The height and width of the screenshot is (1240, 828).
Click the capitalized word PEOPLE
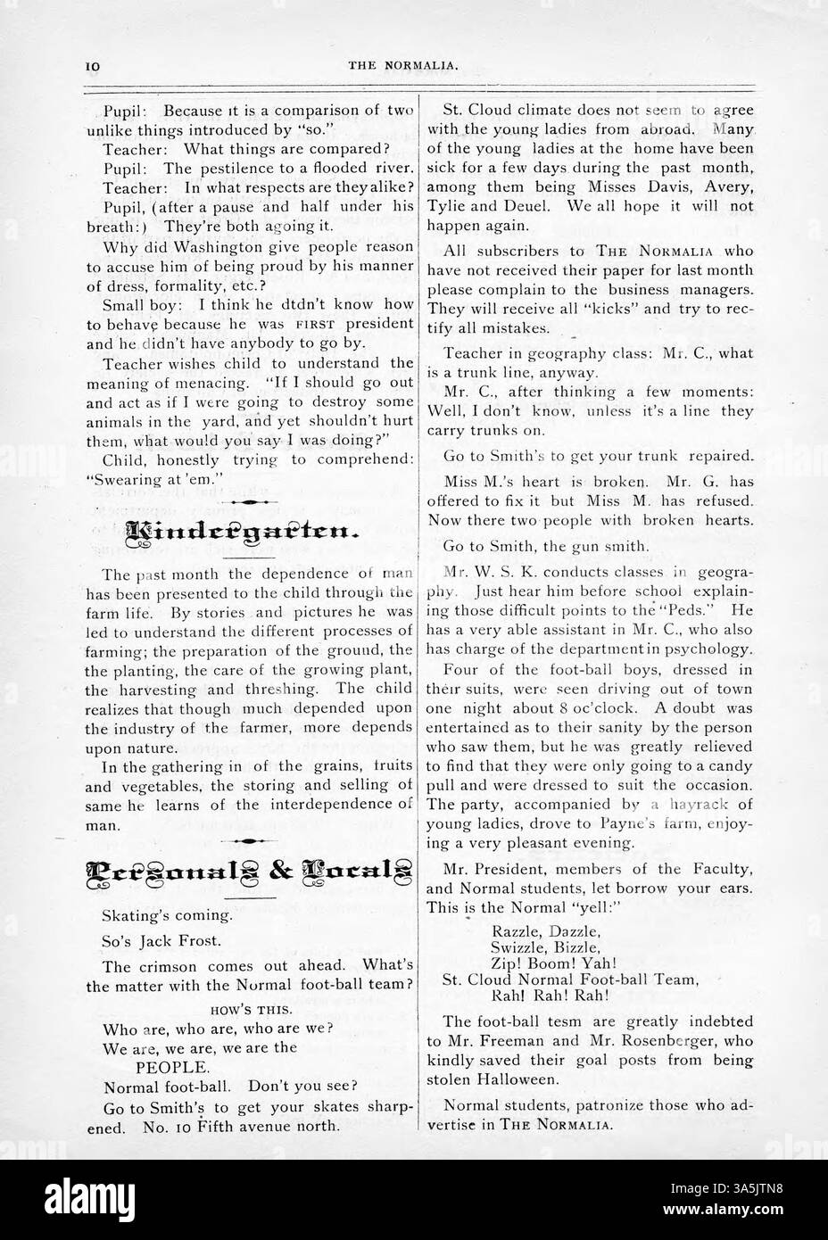[x=173, y=1066]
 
